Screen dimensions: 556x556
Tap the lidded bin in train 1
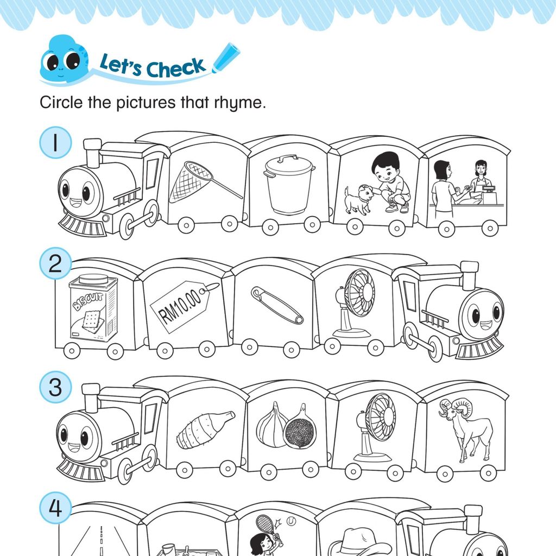pos(289,185)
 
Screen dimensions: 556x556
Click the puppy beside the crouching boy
pos(359,200)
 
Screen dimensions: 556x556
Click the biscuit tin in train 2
pos(93,308)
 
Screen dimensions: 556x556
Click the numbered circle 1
pos(55,143)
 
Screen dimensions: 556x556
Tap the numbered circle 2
pos(55,263)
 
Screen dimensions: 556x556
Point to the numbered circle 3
pos(55,387)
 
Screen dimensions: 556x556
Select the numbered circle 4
pos(55,508)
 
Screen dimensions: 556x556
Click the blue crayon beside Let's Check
pos(226,58)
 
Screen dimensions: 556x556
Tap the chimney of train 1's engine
pos(93,153)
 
